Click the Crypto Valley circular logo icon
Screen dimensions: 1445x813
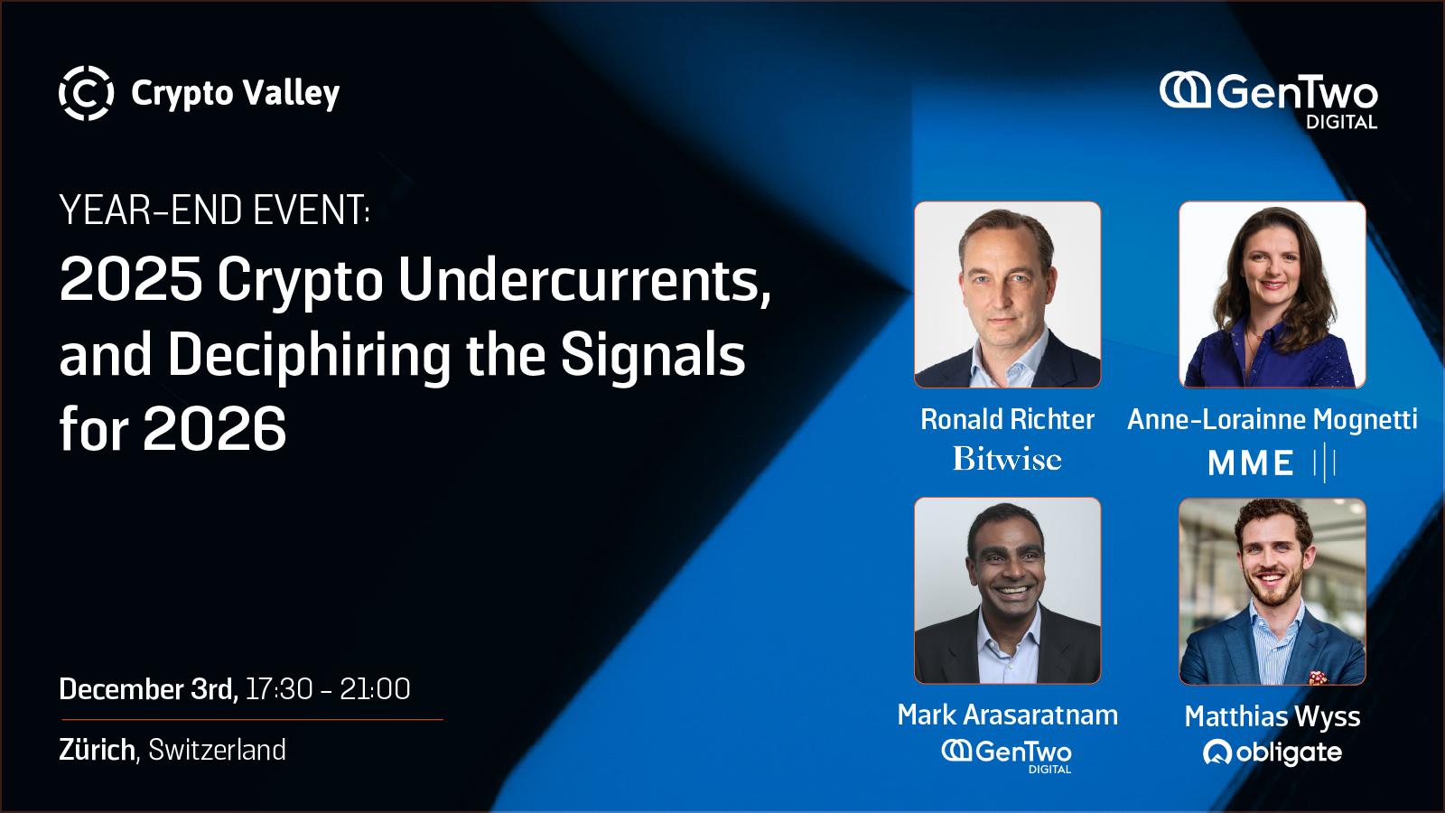87,93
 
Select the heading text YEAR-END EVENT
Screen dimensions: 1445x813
215,210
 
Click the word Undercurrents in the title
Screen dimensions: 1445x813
584,281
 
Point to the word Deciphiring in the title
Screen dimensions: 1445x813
309,356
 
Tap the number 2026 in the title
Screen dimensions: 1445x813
215,429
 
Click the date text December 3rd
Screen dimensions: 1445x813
148,689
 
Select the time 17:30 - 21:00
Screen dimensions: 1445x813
328,689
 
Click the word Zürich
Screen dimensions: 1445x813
97,750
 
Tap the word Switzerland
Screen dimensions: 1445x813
217,750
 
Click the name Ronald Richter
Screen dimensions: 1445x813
1007,419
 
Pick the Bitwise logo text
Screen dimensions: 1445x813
1007,459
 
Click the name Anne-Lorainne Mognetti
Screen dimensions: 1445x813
1273,419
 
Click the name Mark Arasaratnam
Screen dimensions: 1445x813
1008,715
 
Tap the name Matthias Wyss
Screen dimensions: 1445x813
1273,716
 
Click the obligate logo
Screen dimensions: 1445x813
1273,753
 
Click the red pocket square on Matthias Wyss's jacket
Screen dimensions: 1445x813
1318,677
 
